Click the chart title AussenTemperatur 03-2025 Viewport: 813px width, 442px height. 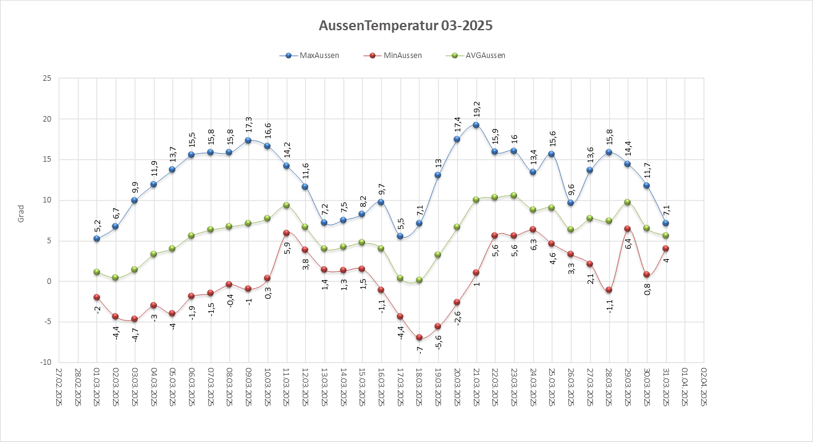[406, 26]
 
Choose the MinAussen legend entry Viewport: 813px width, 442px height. [400, 56]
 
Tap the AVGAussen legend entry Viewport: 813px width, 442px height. [484, 56]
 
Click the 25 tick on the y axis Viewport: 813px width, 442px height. [47, 78]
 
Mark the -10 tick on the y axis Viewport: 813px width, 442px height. [46, 362]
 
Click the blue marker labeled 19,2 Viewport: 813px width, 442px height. [476, 125]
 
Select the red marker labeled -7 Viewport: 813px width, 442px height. [419, 338]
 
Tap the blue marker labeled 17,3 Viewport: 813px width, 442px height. [248, 141]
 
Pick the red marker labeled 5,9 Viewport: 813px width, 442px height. [286, 233]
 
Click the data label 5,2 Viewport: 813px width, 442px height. [96, 225]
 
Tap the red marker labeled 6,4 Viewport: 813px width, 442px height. [628, 229]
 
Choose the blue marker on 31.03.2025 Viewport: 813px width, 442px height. [665, 223]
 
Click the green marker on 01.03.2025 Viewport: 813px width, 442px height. [96, 272]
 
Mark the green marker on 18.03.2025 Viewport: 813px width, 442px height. [419, 280]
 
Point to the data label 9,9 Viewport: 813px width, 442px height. [134, 187]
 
